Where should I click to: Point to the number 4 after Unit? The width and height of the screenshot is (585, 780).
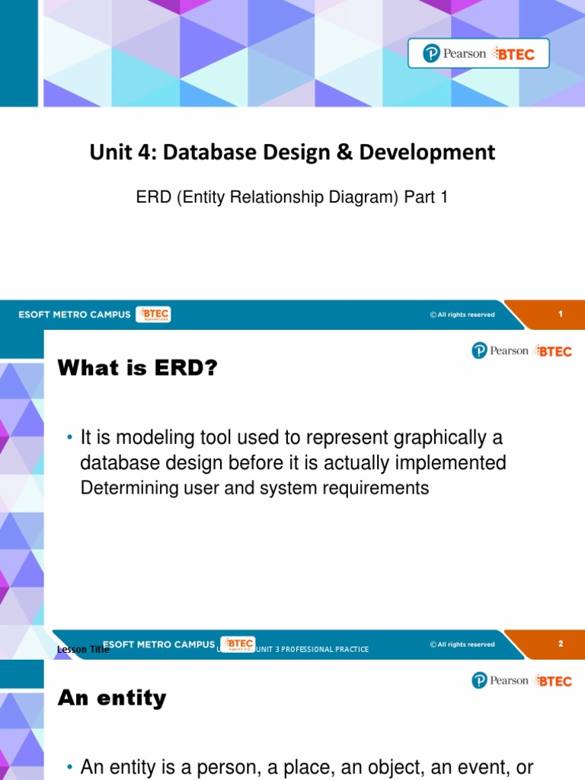135,152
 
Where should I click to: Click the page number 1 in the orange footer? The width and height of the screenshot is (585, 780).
561,314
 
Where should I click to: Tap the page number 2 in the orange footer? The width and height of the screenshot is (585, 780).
561,644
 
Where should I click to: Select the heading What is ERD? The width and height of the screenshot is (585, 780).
138,369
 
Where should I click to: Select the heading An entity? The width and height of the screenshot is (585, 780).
112,698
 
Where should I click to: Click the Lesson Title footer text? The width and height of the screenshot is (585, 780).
83,650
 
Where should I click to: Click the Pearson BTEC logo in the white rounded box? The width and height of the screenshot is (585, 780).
478,53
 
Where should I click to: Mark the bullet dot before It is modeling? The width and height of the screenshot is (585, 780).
69,438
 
